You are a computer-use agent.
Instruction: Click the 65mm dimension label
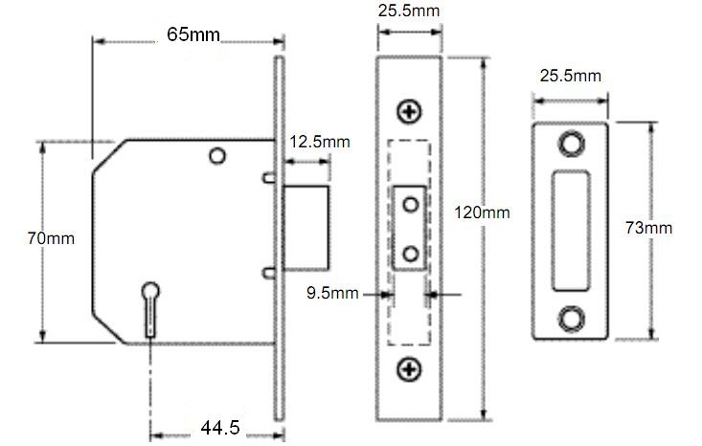point(193,34)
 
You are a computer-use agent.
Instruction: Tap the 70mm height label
point(51,238)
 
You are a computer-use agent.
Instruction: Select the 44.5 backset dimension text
point(220,428)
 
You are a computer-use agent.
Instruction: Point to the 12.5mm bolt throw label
point(320,142)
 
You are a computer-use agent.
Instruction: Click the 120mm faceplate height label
point(482,212)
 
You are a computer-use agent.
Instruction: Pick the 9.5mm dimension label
point(332,293)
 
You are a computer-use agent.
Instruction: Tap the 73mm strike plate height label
point(648,228)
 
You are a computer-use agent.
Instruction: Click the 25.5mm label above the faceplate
point(409,11)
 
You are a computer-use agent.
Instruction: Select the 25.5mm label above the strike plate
point(571,76)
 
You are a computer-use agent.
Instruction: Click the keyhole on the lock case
point(151,309)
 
